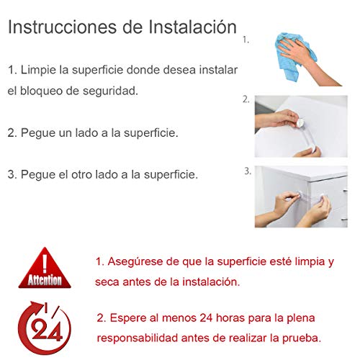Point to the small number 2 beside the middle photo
point(246,99)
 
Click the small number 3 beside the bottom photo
point(247,171)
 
